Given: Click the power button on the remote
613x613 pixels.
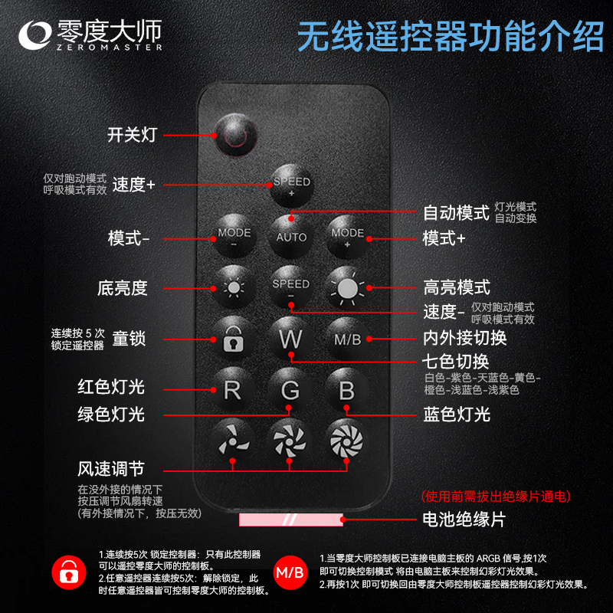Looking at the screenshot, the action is (235, 136).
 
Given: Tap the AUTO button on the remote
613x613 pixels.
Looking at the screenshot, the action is (291, 237).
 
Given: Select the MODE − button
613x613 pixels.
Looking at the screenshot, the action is (234, 236).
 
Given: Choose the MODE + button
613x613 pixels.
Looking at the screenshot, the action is (348, 237).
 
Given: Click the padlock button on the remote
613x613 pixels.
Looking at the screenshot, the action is (234, 339).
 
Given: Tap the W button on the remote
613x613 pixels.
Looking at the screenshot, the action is (290, 339).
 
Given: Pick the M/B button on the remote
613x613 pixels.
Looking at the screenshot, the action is (347, 339).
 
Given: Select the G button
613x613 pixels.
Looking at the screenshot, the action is (290, 390).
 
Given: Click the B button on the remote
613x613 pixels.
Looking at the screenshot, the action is (347, 390).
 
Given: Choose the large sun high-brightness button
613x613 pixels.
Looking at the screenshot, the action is (347, 288).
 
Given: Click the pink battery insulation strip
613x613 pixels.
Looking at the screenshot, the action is (291, 520).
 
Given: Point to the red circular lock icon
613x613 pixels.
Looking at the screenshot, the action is (69, 572).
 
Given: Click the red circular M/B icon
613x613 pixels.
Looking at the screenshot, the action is (290, 572).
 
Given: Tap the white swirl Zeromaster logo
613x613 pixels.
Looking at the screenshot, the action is (35, 35).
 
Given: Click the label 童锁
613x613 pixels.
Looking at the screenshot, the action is (129, 339).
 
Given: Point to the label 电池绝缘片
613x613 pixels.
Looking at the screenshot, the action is (464, 520).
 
